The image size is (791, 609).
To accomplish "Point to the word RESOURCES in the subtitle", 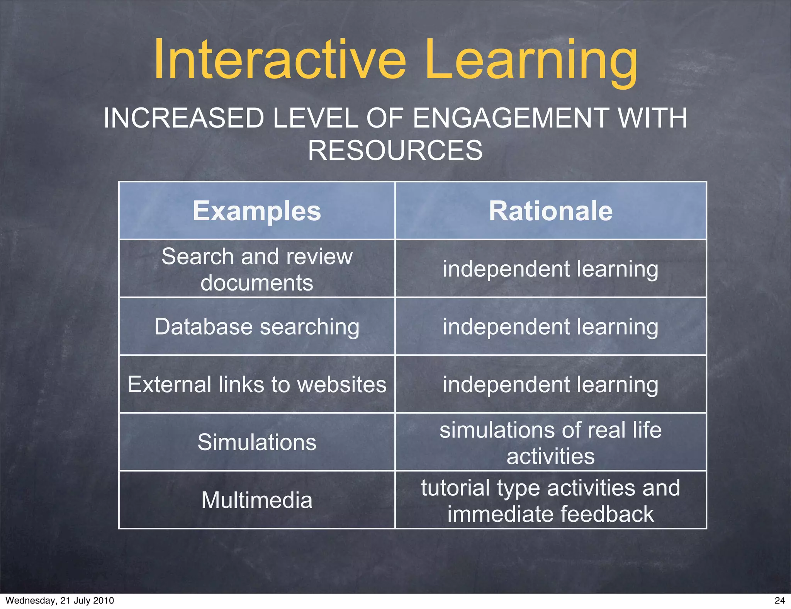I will tap(395, 150).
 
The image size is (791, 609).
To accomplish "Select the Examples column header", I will tap(257, 211).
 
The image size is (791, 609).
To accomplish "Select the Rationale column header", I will tap(550, 211).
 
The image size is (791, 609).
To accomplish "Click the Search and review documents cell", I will tap(257, 269).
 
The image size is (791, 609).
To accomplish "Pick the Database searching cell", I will tap(257, 327).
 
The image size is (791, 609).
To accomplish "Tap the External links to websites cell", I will tap(257, 384).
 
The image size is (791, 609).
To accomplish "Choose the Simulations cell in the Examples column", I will tap(257, 442).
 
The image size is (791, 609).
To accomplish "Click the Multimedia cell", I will tap(257, 500).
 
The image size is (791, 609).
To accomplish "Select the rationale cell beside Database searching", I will tap(550, 327).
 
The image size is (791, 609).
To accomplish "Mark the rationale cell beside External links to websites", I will tap(550, 384).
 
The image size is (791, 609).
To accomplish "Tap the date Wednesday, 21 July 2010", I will tap(60, 600).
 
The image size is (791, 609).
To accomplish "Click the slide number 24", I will tap(779, 600).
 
